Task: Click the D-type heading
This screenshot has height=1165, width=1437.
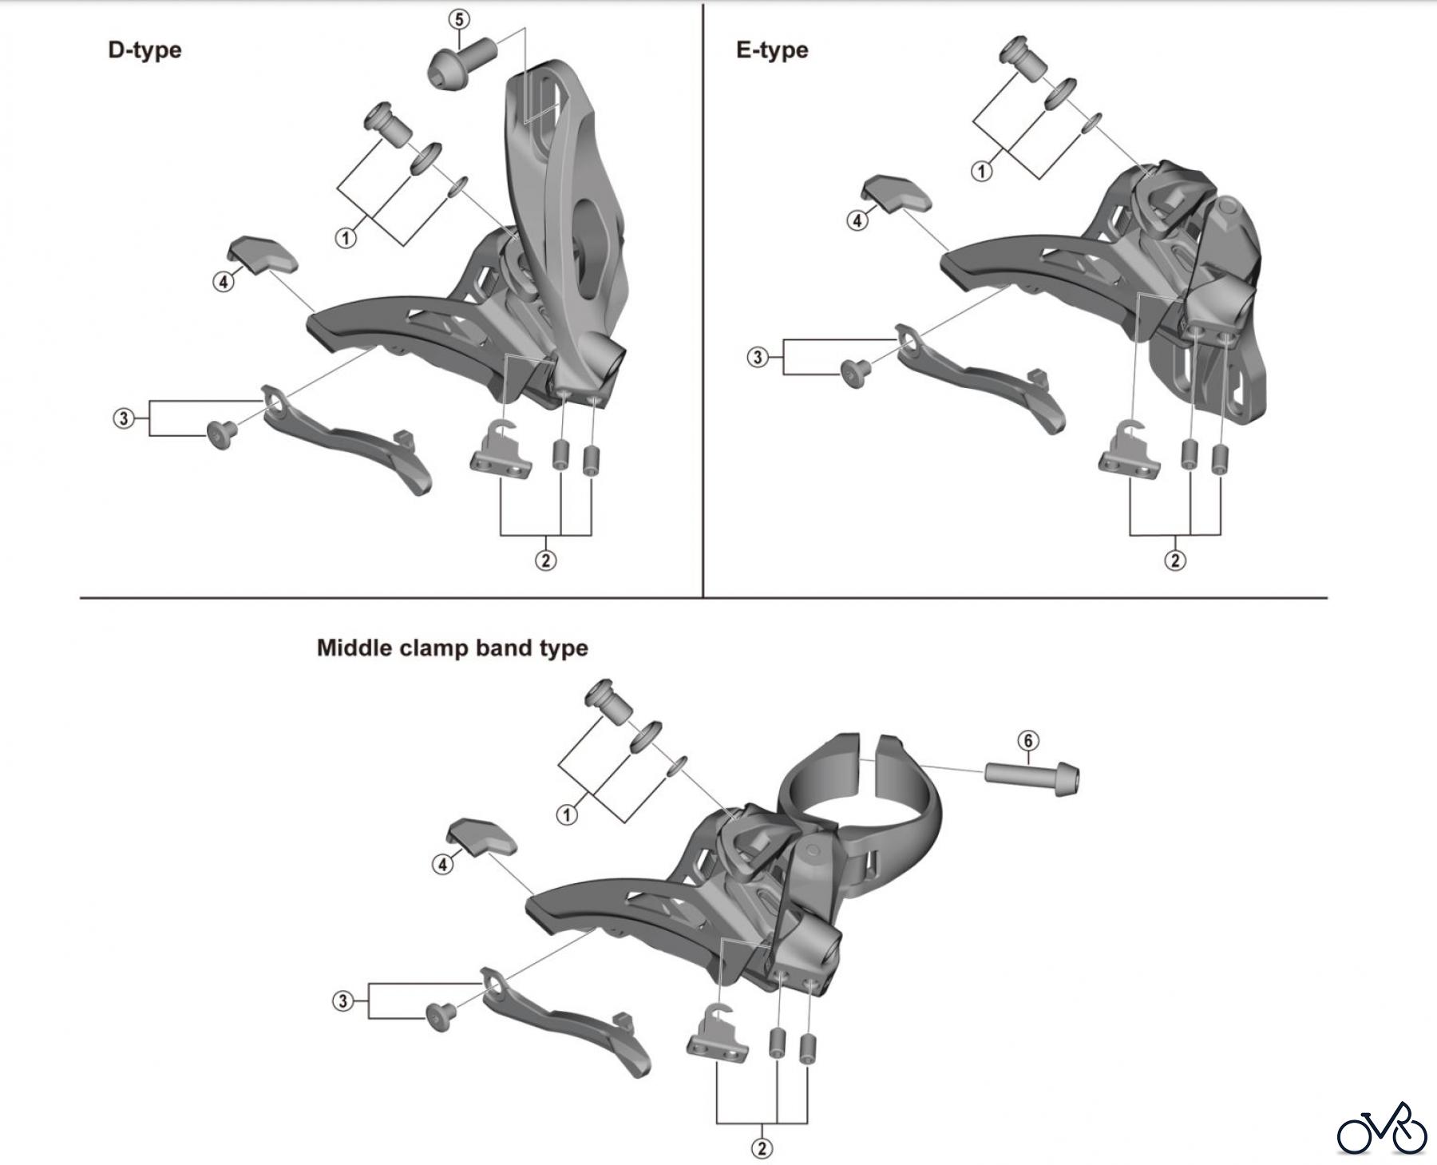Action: coord(144,50)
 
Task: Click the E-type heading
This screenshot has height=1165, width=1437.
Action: coord(771,50)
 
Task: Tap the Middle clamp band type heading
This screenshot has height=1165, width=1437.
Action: coord(452,647)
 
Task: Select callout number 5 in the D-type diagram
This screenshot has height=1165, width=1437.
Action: coord(458,19)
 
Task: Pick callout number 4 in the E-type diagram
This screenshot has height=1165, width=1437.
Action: coord(857,220)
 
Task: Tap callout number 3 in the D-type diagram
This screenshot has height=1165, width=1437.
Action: coord(124,418)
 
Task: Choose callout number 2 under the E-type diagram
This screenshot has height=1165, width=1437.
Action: coord(1174,561)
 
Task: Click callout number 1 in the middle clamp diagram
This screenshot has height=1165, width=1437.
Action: coord(567,815)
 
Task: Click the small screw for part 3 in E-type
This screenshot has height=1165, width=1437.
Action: coord(855,371)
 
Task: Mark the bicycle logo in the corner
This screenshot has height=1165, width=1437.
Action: coord(1382,1129)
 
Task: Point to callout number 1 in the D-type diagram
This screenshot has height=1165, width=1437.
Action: coord(345,238)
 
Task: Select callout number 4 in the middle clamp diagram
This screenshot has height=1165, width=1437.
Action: coord(442,863)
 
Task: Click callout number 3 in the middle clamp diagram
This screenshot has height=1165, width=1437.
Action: coord(342,1001)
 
